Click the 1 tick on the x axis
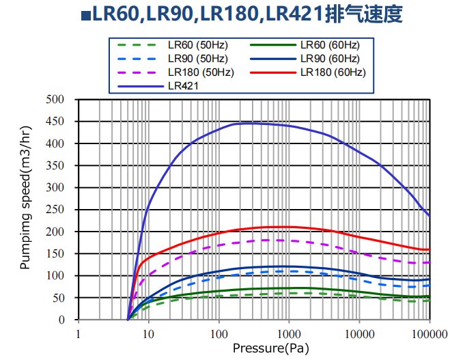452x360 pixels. click(79, 334)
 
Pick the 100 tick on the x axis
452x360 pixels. click(218, 334)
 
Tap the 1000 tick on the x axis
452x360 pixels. click(289, 334)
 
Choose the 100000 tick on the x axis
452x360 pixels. click(429, 334)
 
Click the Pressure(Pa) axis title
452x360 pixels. click(265, 348)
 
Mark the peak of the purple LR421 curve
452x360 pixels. click(246, 123)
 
